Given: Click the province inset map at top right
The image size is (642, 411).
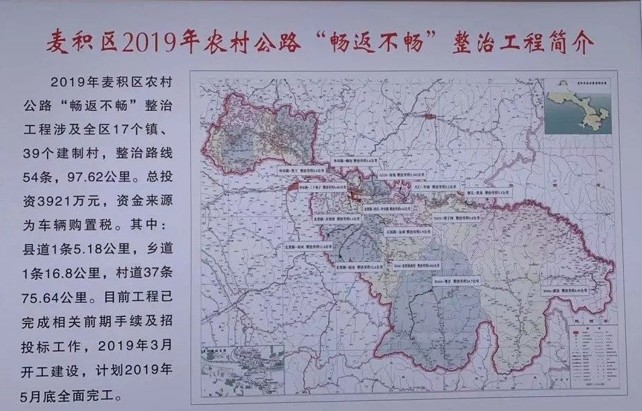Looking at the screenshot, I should coord(579,109).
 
